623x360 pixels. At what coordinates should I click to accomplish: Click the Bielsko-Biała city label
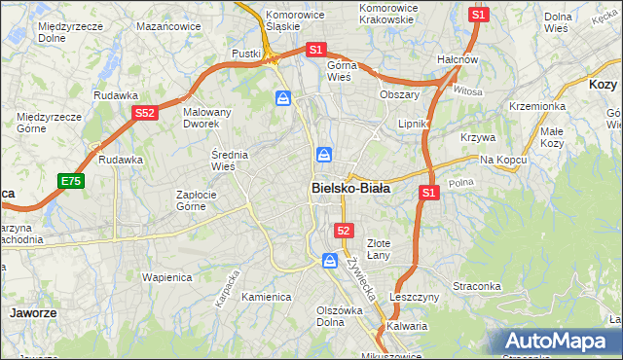pyautogui.click(x=350, y=189)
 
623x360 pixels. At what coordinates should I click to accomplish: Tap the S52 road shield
pyautogui.click(x=144, y=113)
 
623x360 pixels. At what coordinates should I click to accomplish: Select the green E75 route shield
pyautogui.click(x=70, y=181)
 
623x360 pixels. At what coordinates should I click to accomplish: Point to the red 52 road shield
pyautogui.click(x=344, y=230)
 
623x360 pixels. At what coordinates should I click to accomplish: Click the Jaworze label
pyautogui.click(x=31, y=313)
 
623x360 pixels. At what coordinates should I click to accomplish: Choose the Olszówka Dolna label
pyautogui.click(x=339, y=317)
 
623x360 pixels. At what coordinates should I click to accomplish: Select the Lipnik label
pyautogui.click(x=414, y=125)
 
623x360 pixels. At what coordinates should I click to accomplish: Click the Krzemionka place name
pyautogui.click(x=536, y=106)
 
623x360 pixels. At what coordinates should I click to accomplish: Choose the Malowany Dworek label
pyautogui.click(x=207, y=119)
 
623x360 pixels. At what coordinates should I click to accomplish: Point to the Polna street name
pyautogui.click(x=461, y=182)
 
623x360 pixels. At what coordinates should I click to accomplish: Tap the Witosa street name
pyautogui.click(x=468, y=90)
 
